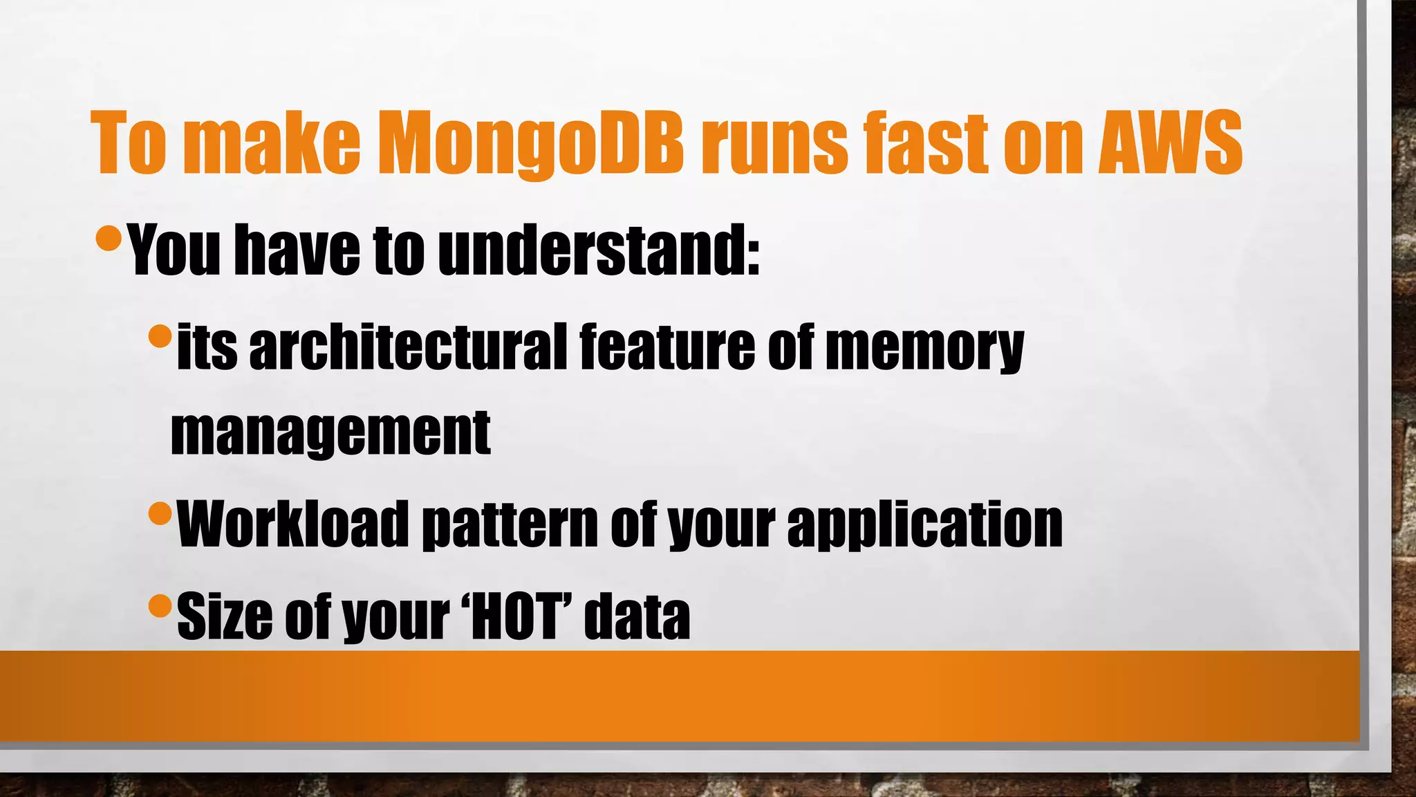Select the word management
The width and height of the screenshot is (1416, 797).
[330, 433]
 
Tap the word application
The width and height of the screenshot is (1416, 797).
[924, 526]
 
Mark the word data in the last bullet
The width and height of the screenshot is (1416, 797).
[637, 616]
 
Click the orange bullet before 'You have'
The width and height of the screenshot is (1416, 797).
[109, 237]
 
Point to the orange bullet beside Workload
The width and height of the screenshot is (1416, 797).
[160, 513]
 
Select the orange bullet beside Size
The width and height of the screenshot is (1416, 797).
[160, 605]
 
